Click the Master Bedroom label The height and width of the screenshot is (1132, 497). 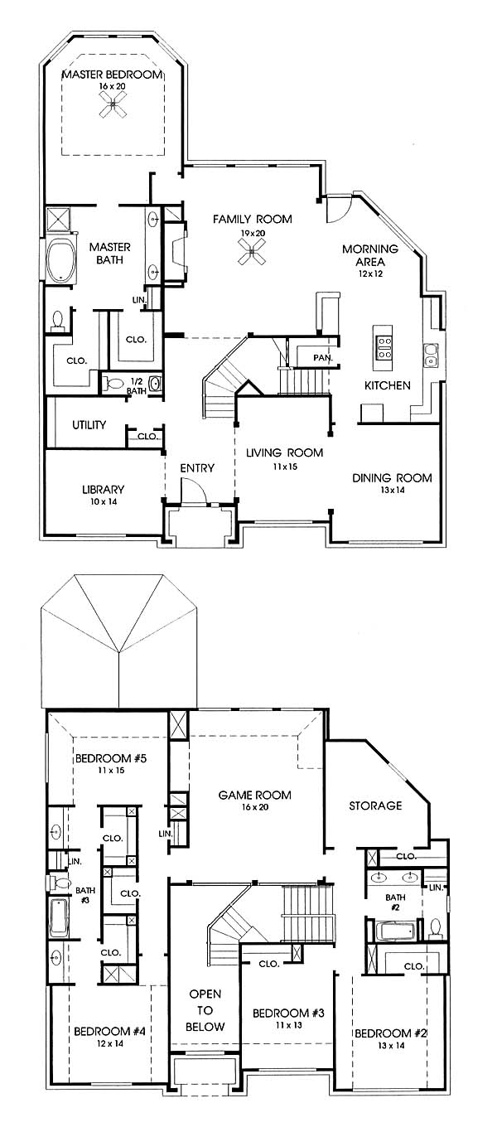coord(112,75)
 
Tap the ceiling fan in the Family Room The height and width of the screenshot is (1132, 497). coord(252,251)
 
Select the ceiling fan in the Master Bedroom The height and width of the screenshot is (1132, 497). coord(113,104)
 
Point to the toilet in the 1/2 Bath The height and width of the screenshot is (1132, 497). coord(114,384)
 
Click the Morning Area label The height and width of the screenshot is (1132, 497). coord(370,255)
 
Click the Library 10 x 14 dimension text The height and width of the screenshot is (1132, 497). coord(104,502)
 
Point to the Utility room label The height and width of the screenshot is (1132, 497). coord(89,424)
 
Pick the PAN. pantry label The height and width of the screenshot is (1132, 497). coord(323,358)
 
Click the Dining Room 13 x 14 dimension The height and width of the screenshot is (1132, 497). coord(392,490)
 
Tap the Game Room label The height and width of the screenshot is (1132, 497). coord(254,795)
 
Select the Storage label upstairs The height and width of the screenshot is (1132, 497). coord(375,805)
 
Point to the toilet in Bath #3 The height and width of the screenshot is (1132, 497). coord(60,883)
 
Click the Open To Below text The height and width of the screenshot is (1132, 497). coord(205,1010)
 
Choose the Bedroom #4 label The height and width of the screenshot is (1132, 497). coord(109,1031)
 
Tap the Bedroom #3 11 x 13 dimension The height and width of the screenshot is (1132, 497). coord(289,1025)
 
